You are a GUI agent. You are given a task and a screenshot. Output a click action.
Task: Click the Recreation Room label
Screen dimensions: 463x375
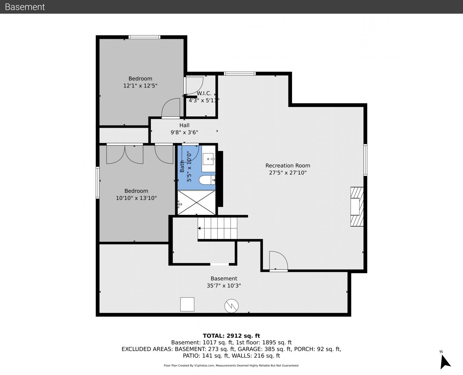pyautogui.click(x=288, y=166)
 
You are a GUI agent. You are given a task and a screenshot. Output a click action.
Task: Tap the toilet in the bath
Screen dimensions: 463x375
pyautogui.click(x=207, y=180)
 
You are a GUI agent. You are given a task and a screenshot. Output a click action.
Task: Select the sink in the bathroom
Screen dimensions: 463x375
pyautogui.click(x=208, y=159)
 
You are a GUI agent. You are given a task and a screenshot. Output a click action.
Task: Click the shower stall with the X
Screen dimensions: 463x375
pyautogui.click(x=196, y=203)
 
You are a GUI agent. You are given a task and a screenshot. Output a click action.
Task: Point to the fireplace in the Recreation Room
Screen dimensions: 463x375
pyautogui.click(x=357, y=207)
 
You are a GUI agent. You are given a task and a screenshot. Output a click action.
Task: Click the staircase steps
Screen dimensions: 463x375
pyautogui.click(x=217, y=228)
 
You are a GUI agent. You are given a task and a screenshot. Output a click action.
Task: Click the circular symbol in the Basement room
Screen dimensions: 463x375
pyautogui.click(x=232, y=306)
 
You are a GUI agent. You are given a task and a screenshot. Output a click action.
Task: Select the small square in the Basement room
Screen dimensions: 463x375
pyautogui.click(x=187, y=304)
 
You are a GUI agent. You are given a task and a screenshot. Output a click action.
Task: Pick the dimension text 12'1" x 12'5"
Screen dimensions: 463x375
pyautogui.click(x=140, y=86)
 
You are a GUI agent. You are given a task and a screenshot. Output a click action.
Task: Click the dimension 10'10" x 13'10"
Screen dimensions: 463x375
pyautogui.click(x=136, y=198)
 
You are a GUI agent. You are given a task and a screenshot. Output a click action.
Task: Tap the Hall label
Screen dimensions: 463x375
pyautogui.click(x=184, y=125)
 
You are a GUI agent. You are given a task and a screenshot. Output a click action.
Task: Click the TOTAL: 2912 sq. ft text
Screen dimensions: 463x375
pyautogui.click(x=231, y=336)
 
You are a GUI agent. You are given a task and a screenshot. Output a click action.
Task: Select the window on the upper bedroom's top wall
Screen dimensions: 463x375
pyautogui.click(x=144, y=37)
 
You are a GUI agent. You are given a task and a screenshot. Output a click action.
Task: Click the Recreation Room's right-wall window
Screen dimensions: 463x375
pyautogui.click(x=366, y=160)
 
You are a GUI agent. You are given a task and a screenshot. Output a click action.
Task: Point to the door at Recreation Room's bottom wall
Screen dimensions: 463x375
pyautogui.click(x=278, y=261)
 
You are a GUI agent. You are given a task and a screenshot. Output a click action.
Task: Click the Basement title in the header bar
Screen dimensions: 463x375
pyautogui.click(x=25, y=7)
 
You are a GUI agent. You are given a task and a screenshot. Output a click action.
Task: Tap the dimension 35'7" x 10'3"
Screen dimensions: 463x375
pyautogui.click(x=224, y=285)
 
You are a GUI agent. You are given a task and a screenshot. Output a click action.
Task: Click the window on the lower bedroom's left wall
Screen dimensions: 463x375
pyautogui.click(x=97, y=183)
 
